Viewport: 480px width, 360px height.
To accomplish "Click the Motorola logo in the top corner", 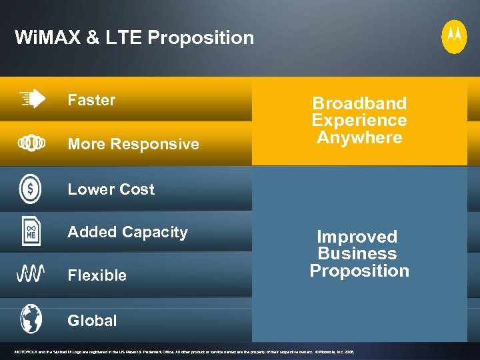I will pos(454,37).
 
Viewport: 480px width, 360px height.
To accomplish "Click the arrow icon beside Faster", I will pos(32,99).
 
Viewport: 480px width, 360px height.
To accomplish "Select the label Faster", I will pos(91,100).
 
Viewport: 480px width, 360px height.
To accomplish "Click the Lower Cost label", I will pos(111,189).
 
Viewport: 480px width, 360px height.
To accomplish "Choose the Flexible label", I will pos(97,275).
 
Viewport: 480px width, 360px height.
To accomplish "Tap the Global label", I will pos(92,321).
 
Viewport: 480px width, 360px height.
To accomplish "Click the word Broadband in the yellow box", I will pos(359,103).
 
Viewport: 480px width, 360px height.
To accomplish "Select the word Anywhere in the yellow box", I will pos(359,138).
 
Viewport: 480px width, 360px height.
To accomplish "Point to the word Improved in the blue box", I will pos(357,237).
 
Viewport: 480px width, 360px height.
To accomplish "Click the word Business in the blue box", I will pos(357,254).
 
